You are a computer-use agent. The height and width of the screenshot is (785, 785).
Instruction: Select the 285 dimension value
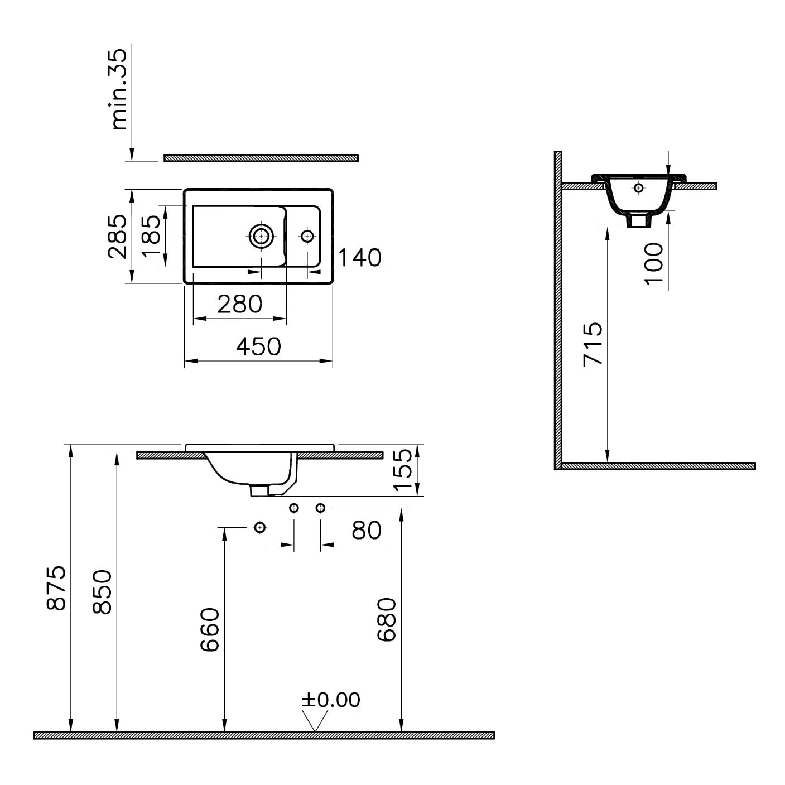(118, 236)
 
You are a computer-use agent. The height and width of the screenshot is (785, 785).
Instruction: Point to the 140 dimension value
(360, 258)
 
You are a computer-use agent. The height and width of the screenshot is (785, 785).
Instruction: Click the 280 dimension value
(239, 305)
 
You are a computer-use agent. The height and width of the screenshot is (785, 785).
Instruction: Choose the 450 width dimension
(258, 347)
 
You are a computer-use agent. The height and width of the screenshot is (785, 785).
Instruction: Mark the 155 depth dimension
(403, 470)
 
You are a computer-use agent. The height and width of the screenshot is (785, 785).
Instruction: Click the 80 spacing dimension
(367, 531)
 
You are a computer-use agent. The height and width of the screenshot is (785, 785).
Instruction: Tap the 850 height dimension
(103, 592)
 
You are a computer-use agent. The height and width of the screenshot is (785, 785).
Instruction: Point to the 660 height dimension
(210, 630)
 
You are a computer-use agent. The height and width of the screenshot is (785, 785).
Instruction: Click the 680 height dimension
(387, 620)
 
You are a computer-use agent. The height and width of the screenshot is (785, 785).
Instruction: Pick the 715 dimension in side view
(593, 344)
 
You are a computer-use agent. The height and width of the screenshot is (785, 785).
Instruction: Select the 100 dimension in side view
(654, 263)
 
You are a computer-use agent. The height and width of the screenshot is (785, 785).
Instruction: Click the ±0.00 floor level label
(331, 700)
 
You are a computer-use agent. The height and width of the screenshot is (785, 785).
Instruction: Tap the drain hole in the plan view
(261, 237)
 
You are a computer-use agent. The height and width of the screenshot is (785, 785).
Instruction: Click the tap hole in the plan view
(307, 236)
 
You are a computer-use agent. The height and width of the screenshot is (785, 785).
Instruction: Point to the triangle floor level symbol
(315, 720)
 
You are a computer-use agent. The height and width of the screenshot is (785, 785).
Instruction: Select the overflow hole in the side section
(639, 187)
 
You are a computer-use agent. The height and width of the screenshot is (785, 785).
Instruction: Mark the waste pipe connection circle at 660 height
(259, 527)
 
